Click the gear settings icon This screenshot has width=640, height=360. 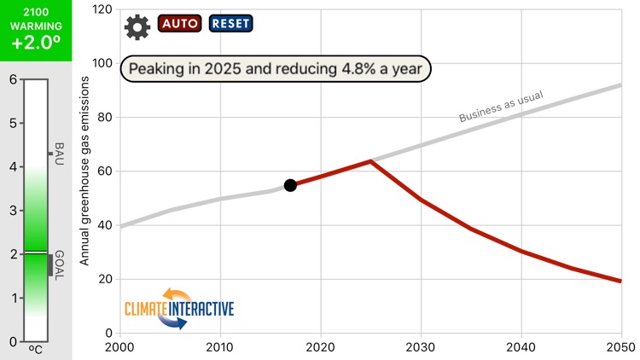(x=137, y=27)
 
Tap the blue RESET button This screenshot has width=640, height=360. (x=230, y=24)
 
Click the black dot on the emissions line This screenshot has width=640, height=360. (x=290, y=185)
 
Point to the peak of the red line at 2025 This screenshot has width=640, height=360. (x=370, y=160)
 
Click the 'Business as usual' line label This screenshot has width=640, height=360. (x=501, y=107)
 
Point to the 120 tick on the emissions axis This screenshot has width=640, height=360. (x=102, y=9)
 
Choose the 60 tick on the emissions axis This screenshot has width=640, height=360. (x=106, y=171)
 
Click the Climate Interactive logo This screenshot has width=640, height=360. (x=179, y=308)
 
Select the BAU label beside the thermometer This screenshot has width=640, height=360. (x=59, y=154)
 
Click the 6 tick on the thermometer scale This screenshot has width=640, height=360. (x=12, y=79)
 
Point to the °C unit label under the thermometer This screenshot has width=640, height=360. (x=36, y=349)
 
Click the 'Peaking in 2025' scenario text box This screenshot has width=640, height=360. (x=276, y=68)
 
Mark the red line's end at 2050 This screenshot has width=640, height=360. (x=620, y=281)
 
